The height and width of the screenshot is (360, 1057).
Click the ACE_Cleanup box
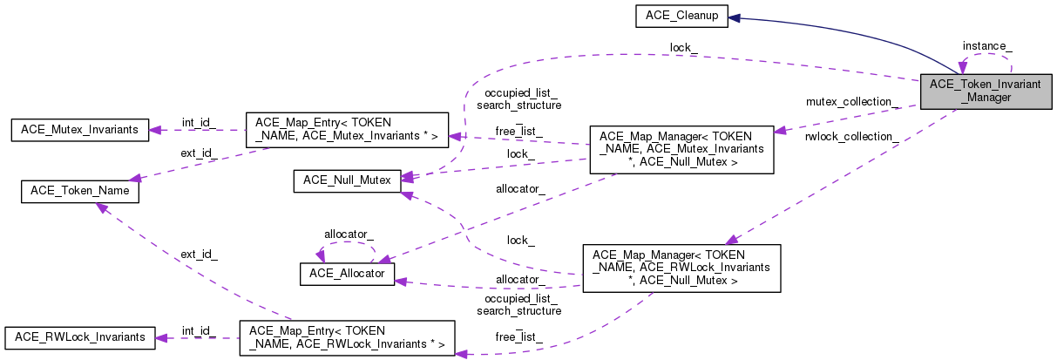click(x=681, y=17)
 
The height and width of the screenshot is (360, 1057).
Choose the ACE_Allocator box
click(x=347, y=274)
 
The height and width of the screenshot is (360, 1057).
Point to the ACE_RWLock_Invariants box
click(x=79, y=336)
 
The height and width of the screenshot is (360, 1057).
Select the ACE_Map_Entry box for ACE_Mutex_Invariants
click(x=347, y=128)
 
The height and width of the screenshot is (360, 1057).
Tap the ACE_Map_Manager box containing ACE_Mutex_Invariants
click(x=682, y=149)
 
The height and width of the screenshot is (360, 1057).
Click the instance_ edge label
click(x=986, y=45)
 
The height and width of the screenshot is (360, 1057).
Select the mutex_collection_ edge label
click(x=850, y=102)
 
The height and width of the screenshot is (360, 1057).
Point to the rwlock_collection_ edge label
click(x=852, y=137)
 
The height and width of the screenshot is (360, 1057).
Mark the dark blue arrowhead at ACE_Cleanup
click(x=734, y=17)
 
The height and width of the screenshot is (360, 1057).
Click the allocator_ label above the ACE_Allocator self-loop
click(x=349, y=234)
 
